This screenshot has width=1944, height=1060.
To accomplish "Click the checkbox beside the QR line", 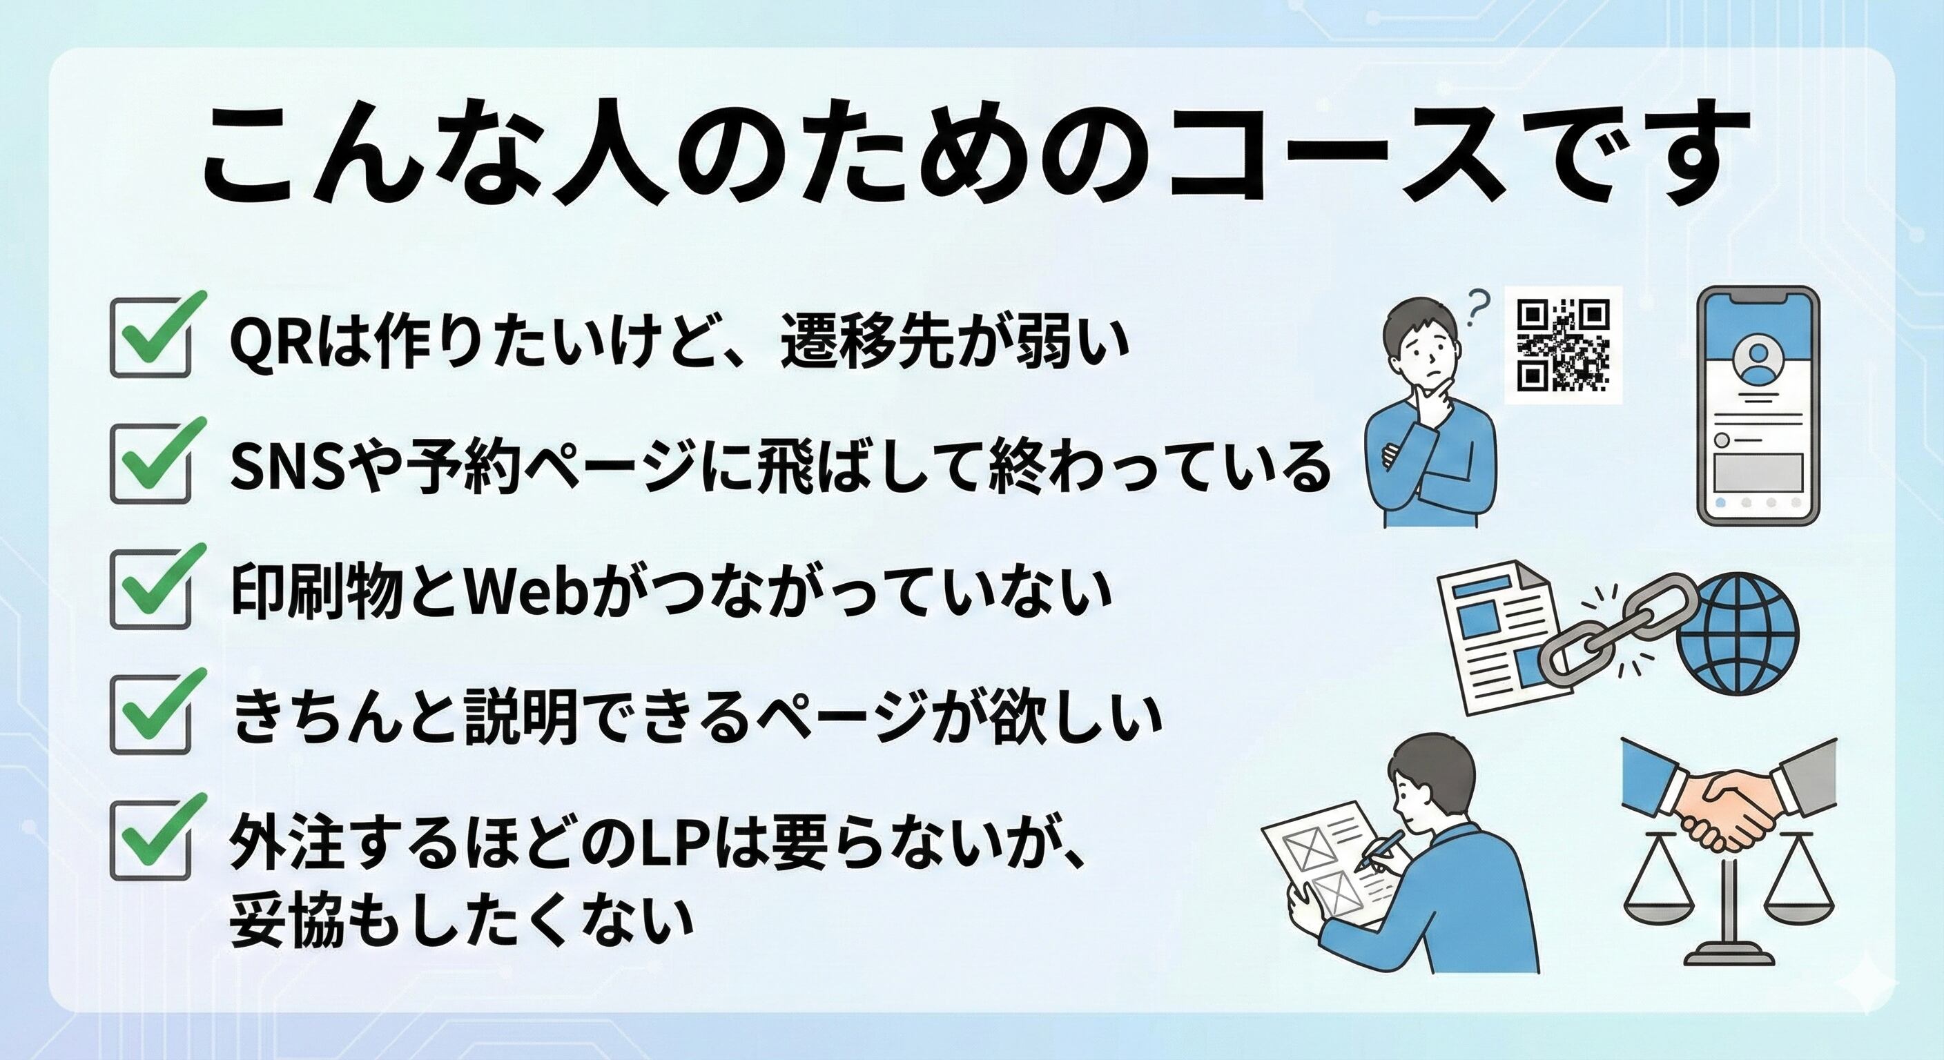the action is [x=150, y=337].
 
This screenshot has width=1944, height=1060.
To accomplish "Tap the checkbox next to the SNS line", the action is [x=150, y=462].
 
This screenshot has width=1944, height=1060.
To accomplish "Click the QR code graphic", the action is [x=1564, y=346].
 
